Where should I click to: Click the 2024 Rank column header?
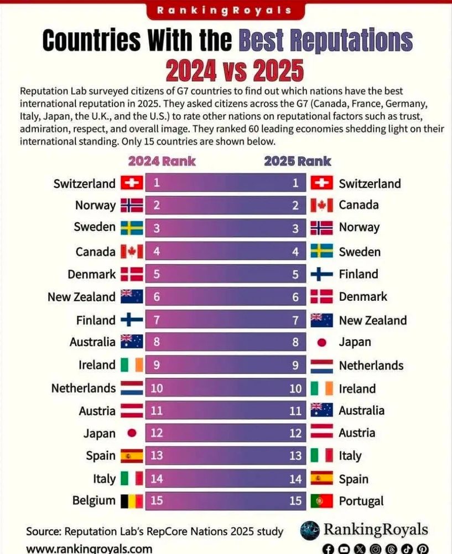pyautogui.click(x=162, y=161)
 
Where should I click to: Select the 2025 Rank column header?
pyautogui.click(x=297, y=161)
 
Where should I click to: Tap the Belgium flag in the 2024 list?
pyautogui.click(x=132, y=501)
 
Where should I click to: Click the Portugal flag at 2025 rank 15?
pyautogui.click(x=321, y=501)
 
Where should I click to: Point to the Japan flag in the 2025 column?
pyautogui.click(x=321, y=342)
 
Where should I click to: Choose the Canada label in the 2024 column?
pyautogui.click(x=95, y=252)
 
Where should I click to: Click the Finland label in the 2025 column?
pyautogui.click(x=359, y=274)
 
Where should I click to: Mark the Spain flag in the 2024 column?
pyautogui.click(x=132, y=456)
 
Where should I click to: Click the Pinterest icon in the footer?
pyautogui.click(x=423, y=549)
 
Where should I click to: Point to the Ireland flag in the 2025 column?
pyautogui.click(x=321, y=388)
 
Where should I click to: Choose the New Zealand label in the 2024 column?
pyautogui.click(x=81, y=297)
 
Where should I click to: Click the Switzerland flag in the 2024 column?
pyautogui.click(x=132, y=183)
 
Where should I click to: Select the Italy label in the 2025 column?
pyautogui.click(x=350, y=456)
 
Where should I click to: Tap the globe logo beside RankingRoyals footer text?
pyautogui.click(x=310, y=530)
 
